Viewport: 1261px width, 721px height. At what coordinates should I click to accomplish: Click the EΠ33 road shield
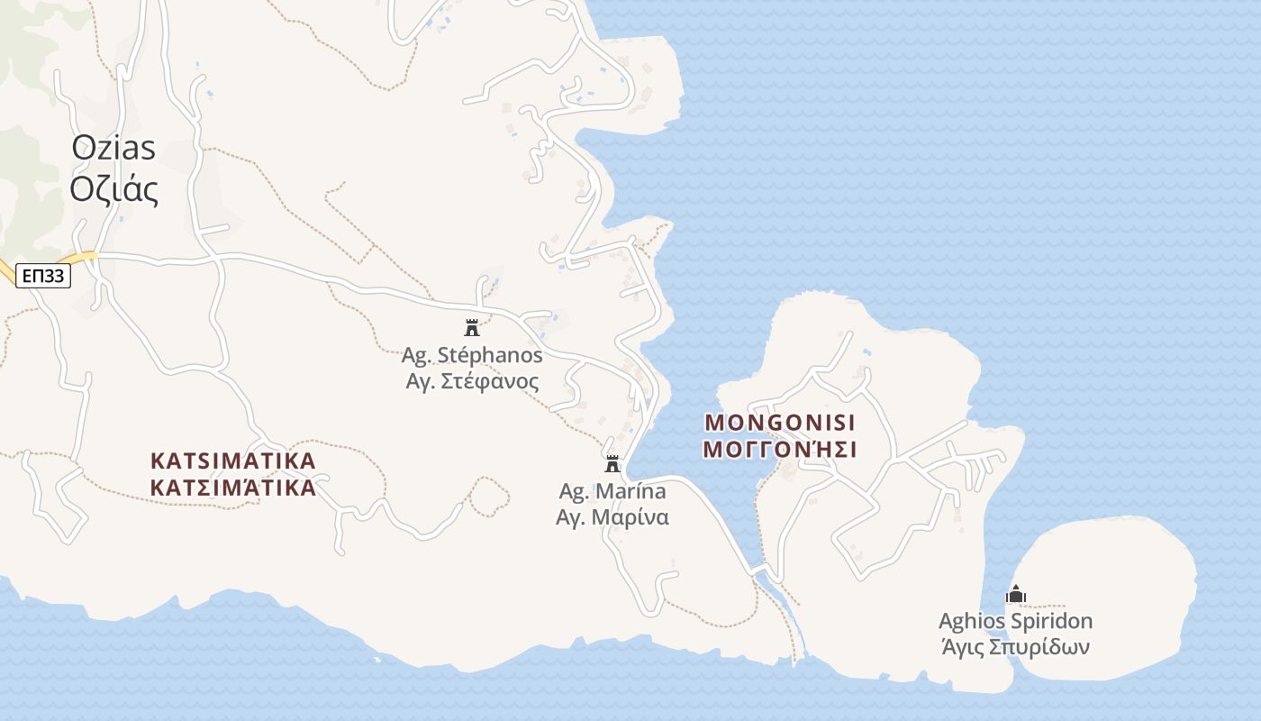[43, 276]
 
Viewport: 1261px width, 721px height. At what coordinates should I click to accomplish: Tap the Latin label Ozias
[113, 149]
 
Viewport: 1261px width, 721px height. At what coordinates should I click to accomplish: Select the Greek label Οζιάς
[113, 190]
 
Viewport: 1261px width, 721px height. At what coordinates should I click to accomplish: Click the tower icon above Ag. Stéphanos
[471, 327]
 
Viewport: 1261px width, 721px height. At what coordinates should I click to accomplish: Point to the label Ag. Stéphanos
[472, 355]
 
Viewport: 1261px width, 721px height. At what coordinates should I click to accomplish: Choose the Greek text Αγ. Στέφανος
[472, 381]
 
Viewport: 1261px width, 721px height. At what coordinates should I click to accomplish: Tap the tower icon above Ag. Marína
[612, 464]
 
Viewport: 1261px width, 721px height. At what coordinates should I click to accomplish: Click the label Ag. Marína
[612, 491]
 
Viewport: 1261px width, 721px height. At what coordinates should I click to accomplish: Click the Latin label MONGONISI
[780, 422]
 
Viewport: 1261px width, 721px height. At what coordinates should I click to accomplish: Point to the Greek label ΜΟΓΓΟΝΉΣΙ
[780, 449]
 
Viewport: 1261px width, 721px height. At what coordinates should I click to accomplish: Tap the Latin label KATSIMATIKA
[233, 461]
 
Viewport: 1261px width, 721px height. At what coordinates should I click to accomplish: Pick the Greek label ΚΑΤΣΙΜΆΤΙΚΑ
[233, 488]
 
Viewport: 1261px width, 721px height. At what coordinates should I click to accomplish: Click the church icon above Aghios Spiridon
[1016, 595]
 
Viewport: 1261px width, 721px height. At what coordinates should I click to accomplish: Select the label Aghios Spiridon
[1015, 621]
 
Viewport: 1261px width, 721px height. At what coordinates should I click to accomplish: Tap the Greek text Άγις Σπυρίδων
[1015, 647]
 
